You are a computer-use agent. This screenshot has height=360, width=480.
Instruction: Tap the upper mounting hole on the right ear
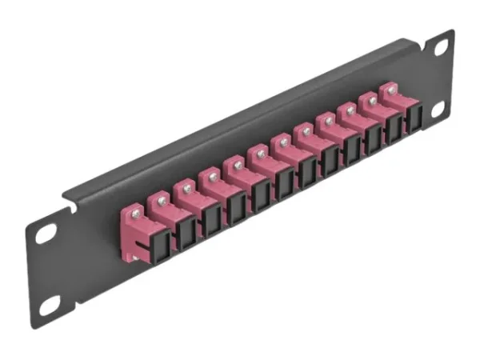440,50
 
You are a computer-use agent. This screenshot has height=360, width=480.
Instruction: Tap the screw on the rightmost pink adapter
391,90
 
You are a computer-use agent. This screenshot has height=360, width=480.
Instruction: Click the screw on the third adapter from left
187,186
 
